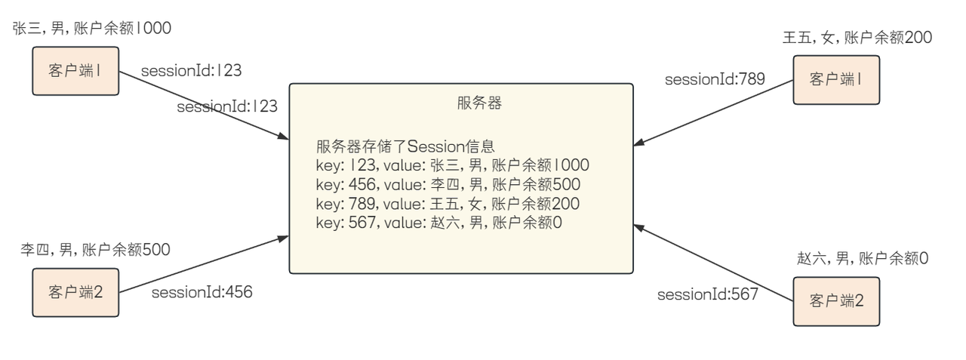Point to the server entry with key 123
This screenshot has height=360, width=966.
click(452, 165)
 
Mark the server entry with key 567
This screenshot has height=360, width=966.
click(439, 223)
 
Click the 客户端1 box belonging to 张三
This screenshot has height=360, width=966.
click(75, 71)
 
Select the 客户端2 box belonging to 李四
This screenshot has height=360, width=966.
click(75, 291)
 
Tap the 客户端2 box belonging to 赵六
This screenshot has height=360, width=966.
click(836, 301)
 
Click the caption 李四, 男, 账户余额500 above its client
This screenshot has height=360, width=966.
click(95, 249)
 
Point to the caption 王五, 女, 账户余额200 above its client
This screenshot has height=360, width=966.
click(857, 37)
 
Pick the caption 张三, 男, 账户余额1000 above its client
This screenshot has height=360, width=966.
click(92, 29)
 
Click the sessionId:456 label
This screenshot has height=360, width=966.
click(202, 293)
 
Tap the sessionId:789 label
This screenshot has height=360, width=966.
click(715, 78)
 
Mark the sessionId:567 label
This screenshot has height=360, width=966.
click(707, 294)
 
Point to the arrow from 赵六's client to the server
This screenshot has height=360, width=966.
click(713, 262)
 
